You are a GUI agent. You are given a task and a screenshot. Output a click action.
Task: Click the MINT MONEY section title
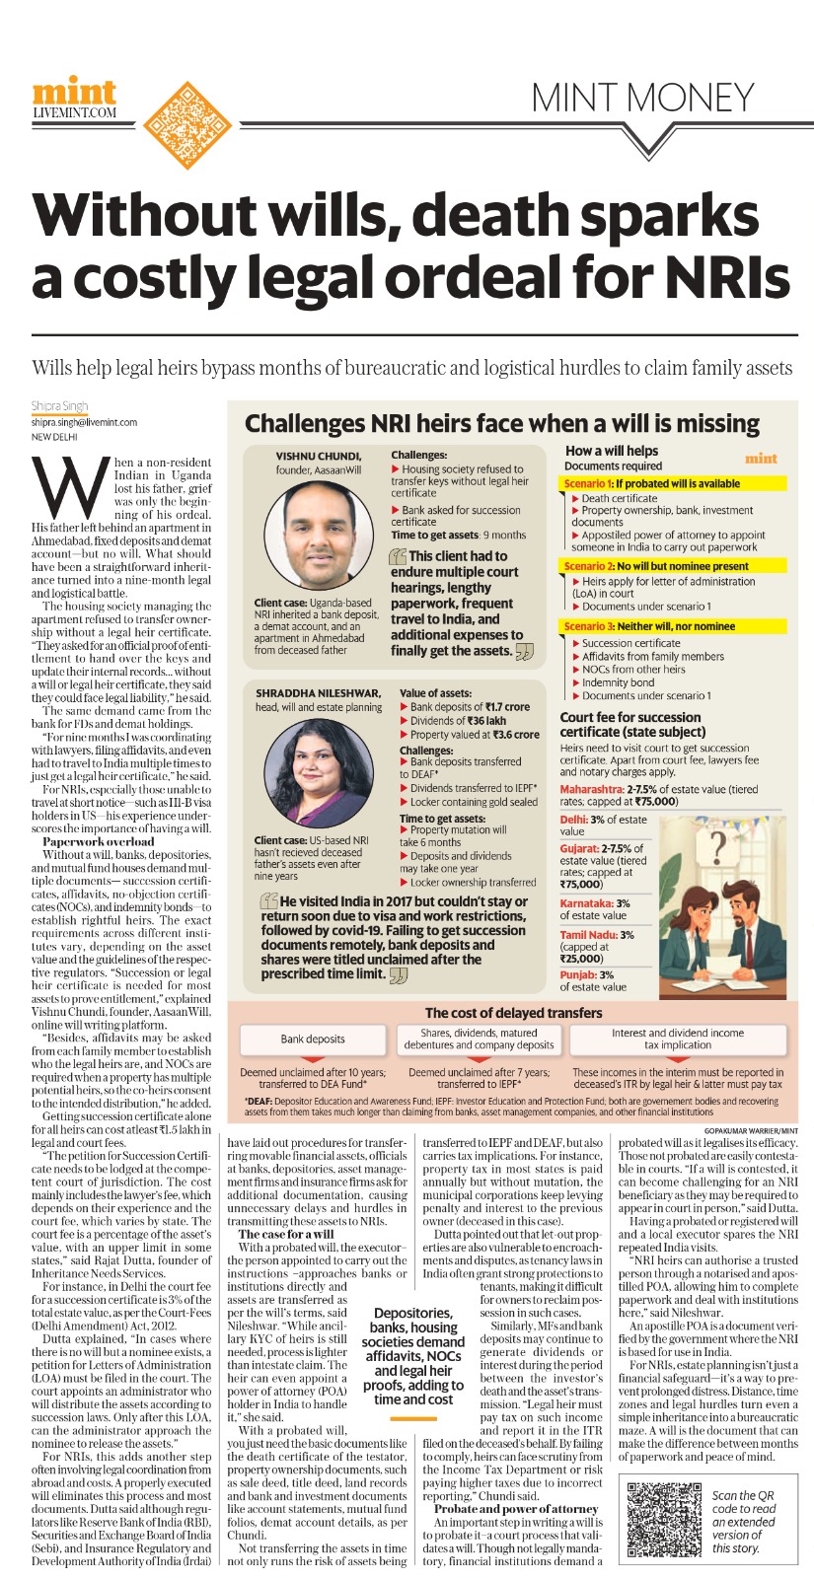pyautogui.click(x=642, y=98)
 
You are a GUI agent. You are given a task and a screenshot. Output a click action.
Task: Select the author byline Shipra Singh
pyautogui.click(x=60, y=405)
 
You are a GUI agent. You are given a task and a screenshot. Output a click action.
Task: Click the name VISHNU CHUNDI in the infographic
pyautogui.click(x=319, y=457)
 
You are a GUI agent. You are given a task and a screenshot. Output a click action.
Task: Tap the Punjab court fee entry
pyautogui.click(x=592, y=980)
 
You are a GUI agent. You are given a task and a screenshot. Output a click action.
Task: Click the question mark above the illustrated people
pyautogui.click(x=718, y=846)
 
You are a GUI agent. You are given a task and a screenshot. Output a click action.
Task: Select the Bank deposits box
pyautogui.click(x=313, y=1039)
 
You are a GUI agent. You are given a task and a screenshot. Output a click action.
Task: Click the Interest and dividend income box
pyautogui.click(x=678, y=1039)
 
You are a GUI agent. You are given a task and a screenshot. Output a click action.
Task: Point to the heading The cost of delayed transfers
pyautogui.click(x=513, y=1012)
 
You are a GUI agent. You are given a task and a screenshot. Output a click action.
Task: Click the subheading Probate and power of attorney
pyautogui.click(x=516, y=1509)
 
